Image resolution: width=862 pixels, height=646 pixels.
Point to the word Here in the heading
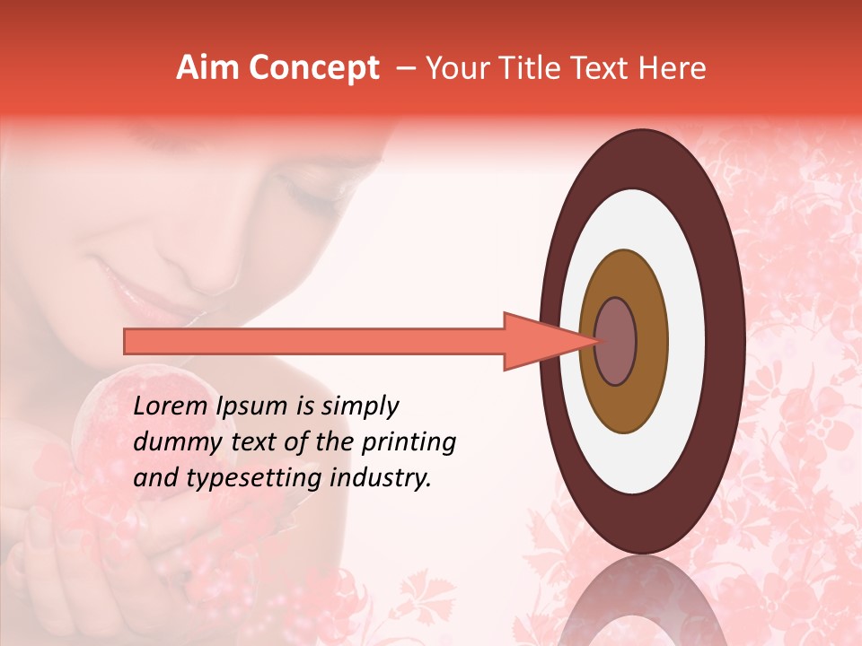click(x=673, y=68)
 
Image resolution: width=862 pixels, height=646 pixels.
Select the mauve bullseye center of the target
click(x=615, y=341)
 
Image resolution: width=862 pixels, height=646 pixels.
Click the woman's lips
click(x=135, y=287)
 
